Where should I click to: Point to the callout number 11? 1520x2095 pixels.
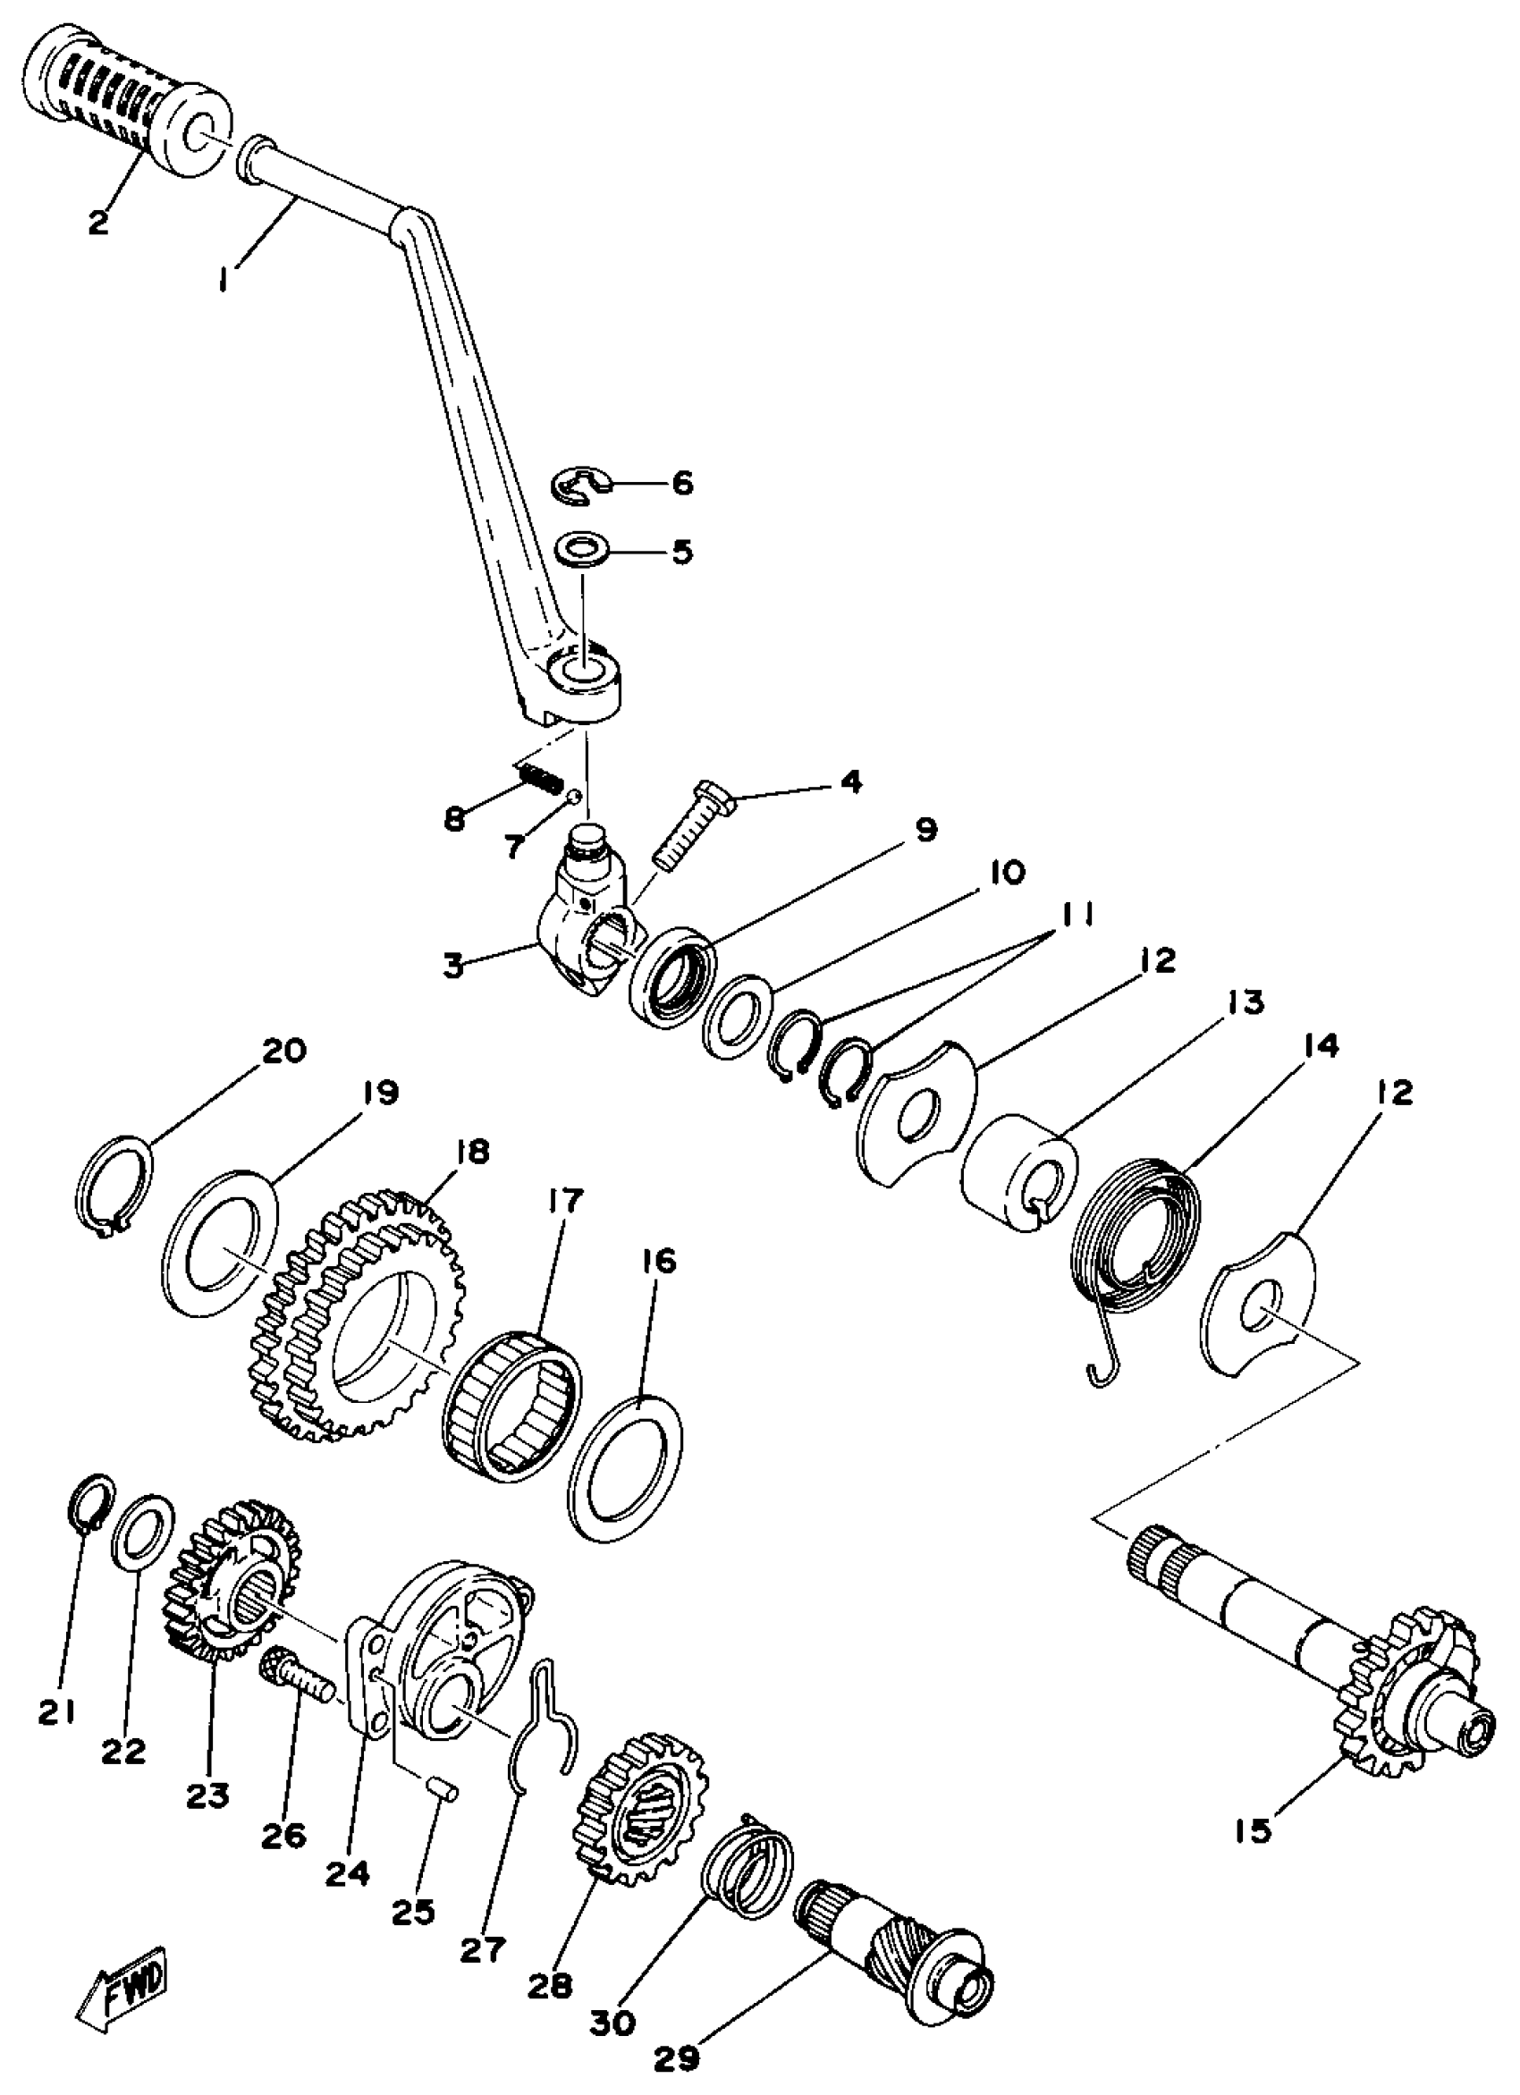pyautogui.click(x=1076, y=916)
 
